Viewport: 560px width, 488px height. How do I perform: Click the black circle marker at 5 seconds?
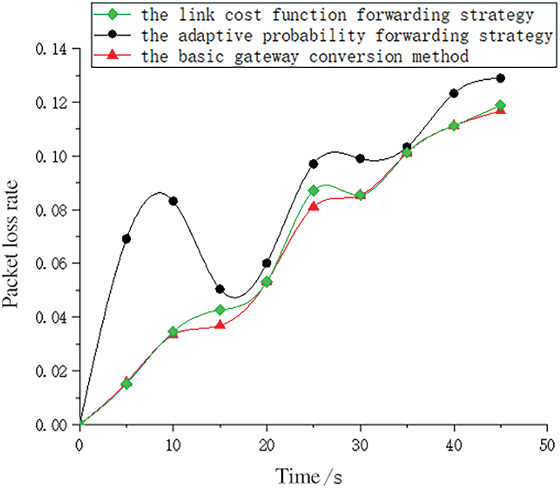click(126, 238)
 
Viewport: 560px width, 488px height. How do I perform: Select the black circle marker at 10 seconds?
click(173, 201)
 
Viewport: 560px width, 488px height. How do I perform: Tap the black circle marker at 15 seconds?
click(220, 289)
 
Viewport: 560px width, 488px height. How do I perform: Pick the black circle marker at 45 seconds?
click(501, 78)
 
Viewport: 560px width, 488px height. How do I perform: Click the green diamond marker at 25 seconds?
click(314, 190)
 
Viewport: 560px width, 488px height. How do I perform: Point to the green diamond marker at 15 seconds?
click(220, 309)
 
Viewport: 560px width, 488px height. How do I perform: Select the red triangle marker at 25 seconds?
click(314, 206)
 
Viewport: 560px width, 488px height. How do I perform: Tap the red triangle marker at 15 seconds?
click(220, 324)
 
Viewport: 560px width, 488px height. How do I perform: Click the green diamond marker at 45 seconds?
click(501, 105)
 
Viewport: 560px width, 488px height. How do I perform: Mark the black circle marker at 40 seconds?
click(454, 93)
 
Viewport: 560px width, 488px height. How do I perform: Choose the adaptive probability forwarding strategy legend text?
click(346, 35)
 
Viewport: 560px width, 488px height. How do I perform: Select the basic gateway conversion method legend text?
click(303, 57)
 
